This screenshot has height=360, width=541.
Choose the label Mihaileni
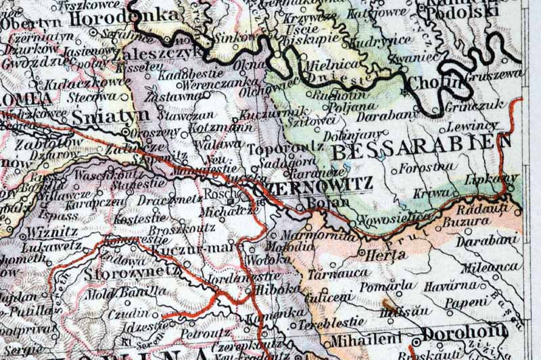pyautogui.click(x=362, y=340)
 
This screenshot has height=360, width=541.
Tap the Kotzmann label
pyautogui.click(x=218, y=127)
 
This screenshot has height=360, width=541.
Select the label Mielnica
pyautogui.click(x=332, y=66)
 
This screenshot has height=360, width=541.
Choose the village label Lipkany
pyautogui.click(x=492, y=179)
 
